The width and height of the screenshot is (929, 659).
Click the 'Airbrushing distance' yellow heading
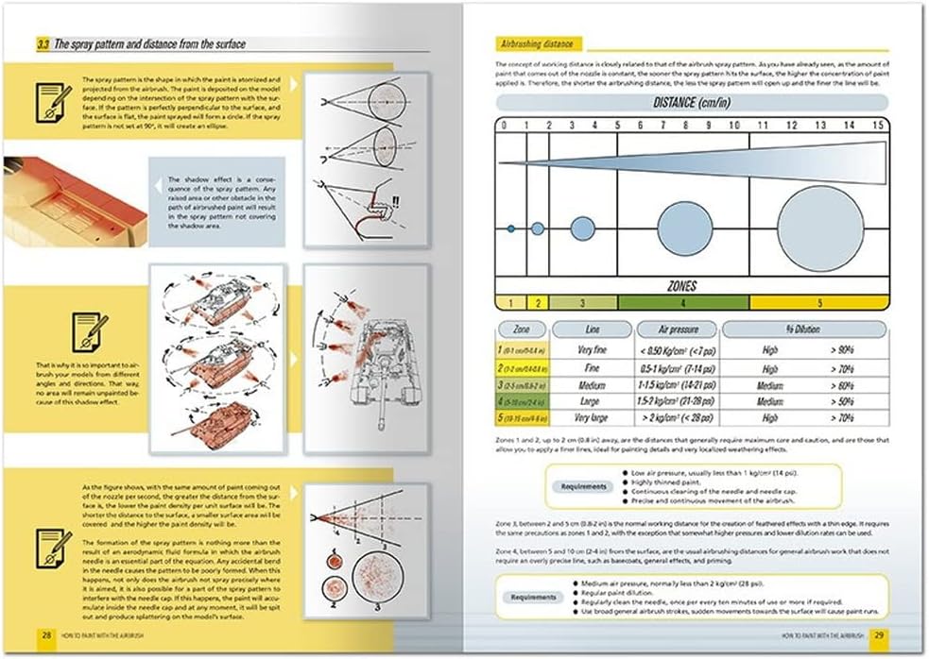tap(539, 43)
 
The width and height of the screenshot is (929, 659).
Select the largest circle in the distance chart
tap(816, 229)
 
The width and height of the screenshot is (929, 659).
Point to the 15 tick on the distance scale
tap(878, 126)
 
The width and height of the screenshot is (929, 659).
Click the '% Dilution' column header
tap(802, 329)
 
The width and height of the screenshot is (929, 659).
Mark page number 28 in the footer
tap(45, 634)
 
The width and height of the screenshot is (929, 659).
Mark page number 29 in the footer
tap(878, 634)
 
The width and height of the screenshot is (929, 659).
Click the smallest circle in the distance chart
tap(511, 229)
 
